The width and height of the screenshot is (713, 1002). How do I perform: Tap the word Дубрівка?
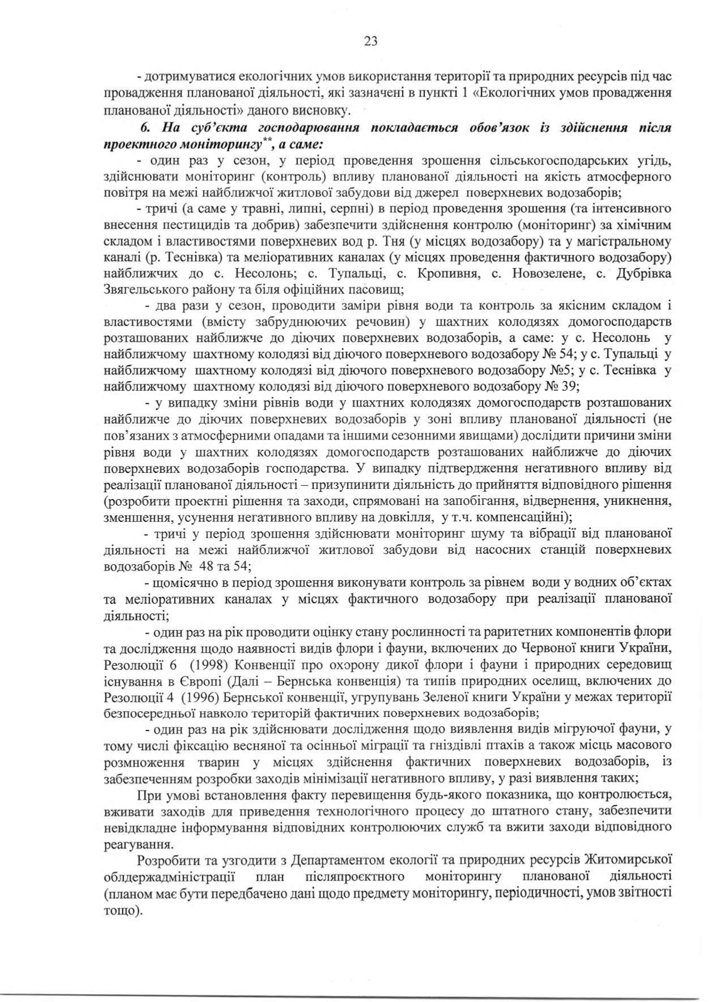(644, 274)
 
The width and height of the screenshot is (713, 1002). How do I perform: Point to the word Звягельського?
(145, 290)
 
